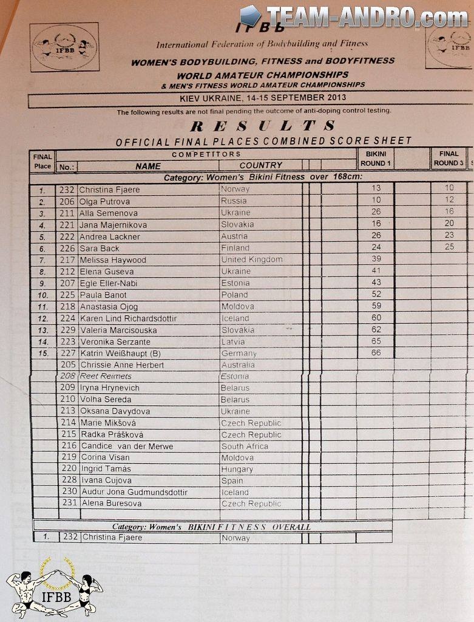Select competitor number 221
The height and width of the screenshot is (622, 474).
(67, 225)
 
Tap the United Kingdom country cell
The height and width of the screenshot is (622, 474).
(251, 259)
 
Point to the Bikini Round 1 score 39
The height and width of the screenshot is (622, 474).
(376, 259)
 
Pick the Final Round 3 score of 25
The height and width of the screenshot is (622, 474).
(449, 247)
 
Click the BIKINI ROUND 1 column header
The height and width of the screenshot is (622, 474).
(376, 159)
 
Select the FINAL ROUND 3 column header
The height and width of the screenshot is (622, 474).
(449, 159)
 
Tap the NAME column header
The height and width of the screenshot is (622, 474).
(148, 166)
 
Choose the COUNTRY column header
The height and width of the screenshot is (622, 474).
(260, 165)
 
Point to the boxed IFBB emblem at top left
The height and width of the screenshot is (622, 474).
(64, 47)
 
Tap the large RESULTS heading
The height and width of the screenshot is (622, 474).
(262, 126)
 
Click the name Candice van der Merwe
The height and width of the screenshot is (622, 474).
(126, 446)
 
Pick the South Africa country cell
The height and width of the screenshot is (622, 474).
(245, 446)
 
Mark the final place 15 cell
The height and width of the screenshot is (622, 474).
(42, 354)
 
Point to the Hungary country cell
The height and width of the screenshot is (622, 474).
(237, 469)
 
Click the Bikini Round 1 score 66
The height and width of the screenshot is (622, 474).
(376, 353)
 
